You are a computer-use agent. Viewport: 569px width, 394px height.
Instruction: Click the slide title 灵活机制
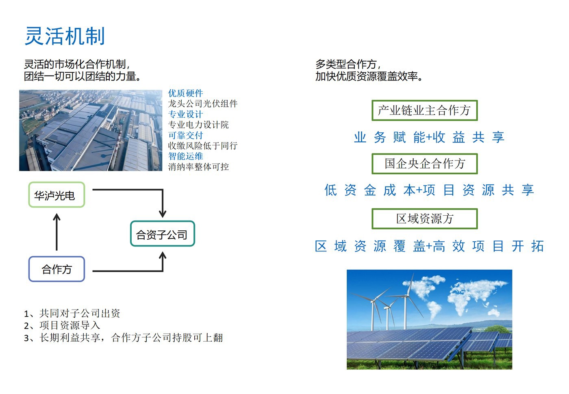coord(65,36)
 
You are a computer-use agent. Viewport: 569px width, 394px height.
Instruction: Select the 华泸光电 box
coord(56,195)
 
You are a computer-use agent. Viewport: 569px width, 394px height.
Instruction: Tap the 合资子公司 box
coord(163,234)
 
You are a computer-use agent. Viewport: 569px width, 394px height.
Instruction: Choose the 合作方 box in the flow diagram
coord(56,269)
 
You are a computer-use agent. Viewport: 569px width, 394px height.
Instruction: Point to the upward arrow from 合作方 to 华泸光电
coord(56,232)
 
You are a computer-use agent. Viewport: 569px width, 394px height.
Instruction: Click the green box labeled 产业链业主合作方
coord(424,110)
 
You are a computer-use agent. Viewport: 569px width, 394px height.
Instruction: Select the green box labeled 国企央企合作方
coord(424,164)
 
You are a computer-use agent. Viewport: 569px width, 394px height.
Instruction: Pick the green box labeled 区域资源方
coord(424,219)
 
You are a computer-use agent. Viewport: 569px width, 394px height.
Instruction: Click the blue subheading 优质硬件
coord(185,93)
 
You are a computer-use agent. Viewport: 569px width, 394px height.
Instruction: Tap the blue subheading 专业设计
coord(185,114)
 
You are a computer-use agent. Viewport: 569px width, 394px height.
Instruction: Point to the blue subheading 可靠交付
coord(185,135)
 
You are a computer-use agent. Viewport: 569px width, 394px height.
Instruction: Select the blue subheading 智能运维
coord(185,156)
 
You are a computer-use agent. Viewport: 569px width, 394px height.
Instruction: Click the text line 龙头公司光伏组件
coord(203,104)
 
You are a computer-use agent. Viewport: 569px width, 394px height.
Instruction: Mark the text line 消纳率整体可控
coord(198,167)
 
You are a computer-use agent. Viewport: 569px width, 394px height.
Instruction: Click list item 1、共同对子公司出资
coord(72,314)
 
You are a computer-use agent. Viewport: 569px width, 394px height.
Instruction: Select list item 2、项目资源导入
coord(62,325)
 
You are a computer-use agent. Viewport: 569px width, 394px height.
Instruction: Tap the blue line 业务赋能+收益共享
coord(429,137)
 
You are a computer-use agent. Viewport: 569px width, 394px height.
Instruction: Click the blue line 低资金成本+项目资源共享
coord(429,190)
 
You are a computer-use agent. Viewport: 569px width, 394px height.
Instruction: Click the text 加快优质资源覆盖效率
coord(369,76)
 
